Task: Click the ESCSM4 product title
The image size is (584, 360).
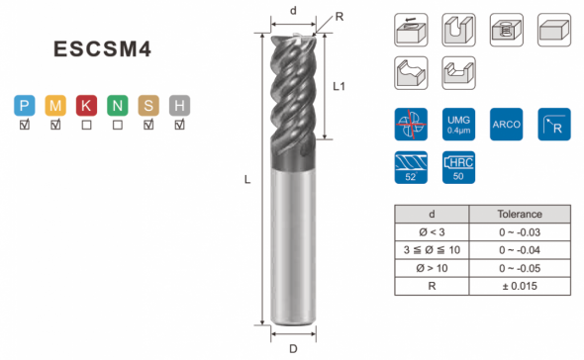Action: coord(102,48)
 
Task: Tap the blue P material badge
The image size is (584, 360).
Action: coord(25,106)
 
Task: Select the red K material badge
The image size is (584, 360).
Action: coord(86,106)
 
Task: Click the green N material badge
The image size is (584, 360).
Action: coord(118,106)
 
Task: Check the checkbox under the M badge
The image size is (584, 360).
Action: coord(55,125)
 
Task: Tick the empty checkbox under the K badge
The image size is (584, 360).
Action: coord(86,125)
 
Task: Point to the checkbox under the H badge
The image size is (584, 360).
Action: coord(179,125)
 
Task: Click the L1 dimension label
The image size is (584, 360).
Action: coord(339,87)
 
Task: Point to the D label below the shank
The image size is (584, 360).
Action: coord(294,349)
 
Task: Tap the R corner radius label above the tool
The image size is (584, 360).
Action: coord(340,17)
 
